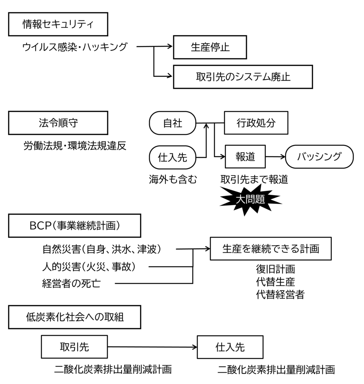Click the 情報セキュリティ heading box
[58, 25]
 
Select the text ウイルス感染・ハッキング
[75, 47]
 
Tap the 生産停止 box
[210, 47]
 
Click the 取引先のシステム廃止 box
[243, 76]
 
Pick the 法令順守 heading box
[58, 123]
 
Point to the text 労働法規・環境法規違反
[75, 145]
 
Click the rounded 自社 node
[173, 123]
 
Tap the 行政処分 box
[256, 123]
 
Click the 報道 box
[245, 157]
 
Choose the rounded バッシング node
[319, 157]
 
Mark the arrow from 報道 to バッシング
[275, 157]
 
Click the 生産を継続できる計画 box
[271, 249]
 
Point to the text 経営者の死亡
[71, 283]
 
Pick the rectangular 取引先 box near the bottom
[75, 347]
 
